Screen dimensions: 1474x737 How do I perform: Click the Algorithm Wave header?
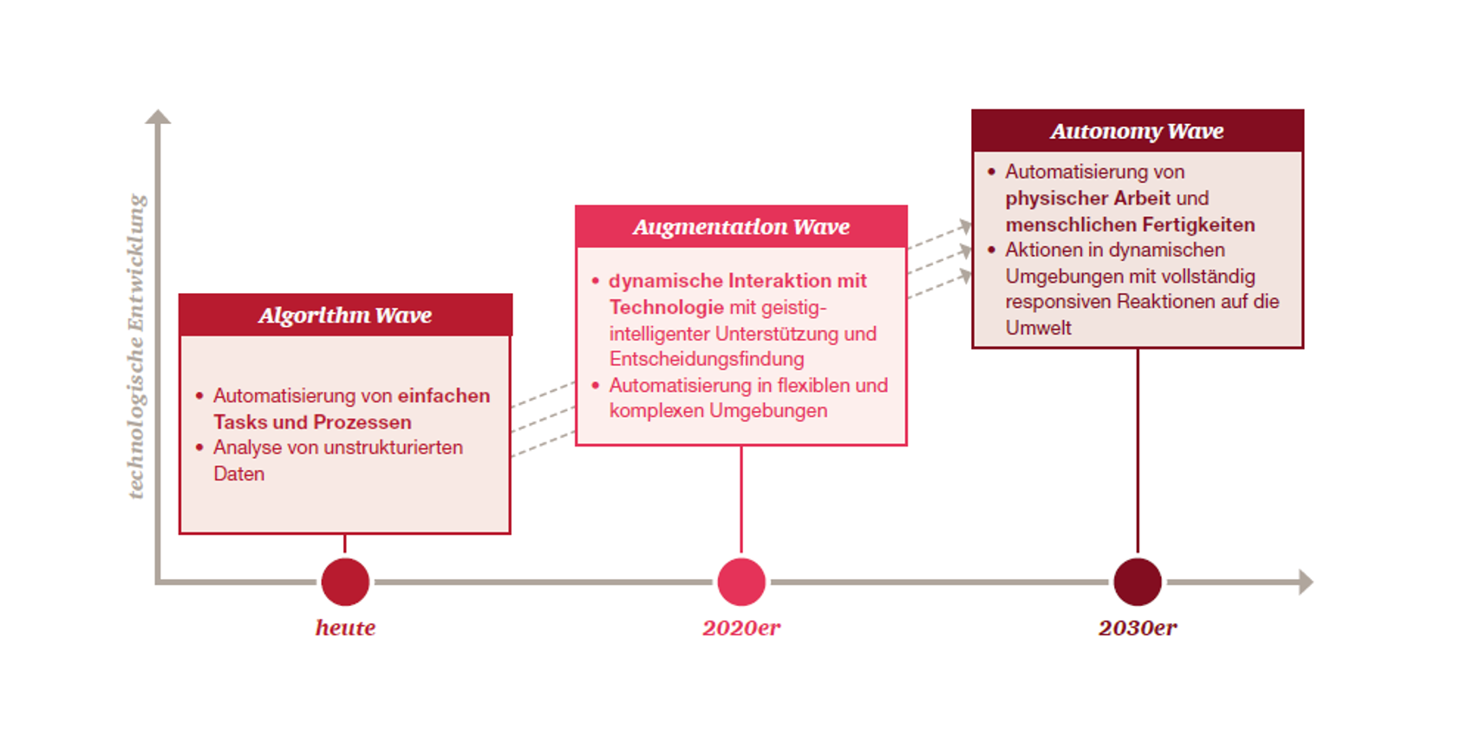pos(345,316)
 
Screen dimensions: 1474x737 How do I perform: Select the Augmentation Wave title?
pos(741,227)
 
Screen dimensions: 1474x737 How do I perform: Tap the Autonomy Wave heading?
pos(1137,132)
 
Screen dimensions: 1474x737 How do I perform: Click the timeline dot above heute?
pos(345,582)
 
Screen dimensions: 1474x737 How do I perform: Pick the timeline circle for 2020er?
pos(741,582)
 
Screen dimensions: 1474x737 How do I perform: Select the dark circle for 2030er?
pos(1138,582)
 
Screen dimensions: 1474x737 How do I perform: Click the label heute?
pos(345,628)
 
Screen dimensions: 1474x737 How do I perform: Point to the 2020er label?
pos(741,628)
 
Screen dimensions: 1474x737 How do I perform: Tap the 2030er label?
pos(1138,628)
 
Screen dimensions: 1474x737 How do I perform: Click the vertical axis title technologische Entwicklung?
pos(136,346)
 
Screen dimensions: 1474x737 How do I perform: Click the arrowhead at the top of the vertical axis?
pos(158,116)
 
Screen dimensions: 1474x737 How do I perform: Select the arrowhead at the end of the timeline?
pos(1306,582)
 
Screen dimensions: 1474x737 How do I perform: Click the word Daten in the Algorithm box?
pos(238,473)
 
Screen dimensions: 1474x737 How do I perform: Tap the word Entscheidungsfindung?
pos(707,359)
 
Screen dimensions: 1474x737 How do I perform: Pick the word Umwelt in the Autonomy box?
pos(1039,328)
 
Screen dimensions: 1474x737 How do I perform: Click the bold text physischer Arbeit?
pos(1088,199)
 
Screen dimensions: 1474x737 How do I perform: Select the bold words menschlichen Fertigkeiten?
pos(1130,225)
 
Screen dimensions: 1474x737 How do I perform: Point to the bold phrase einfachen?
pos(444,396)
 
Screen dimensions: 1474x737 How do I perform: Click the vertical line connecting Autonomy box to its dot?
pos(1138,452)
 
